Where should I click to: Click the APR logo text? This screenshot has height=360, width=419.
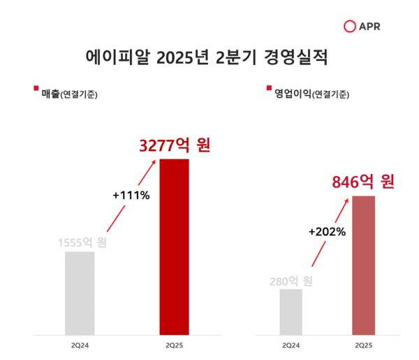click(369, 27)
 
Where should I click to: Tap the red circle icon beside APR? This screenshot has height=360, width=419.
click(351, 27)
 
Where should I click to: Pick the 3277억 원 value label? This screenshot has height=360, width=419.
click(175, 146)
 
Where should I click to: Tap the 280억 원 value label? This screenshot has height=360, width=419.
click(291, 282)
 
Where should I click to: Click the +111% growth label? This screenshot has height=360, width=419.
click(131, 195)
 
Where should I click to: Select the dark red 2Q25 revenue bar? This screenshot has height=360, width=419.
click(175, 246)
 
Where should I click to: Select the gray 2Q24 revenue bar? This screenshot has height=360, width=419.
click(80, 292)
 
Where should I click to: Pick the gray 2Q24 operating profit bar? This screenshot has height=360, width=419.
click(291, 311)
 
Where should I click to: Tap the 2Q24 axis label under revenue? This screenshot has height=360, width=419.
click(80, 345)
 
